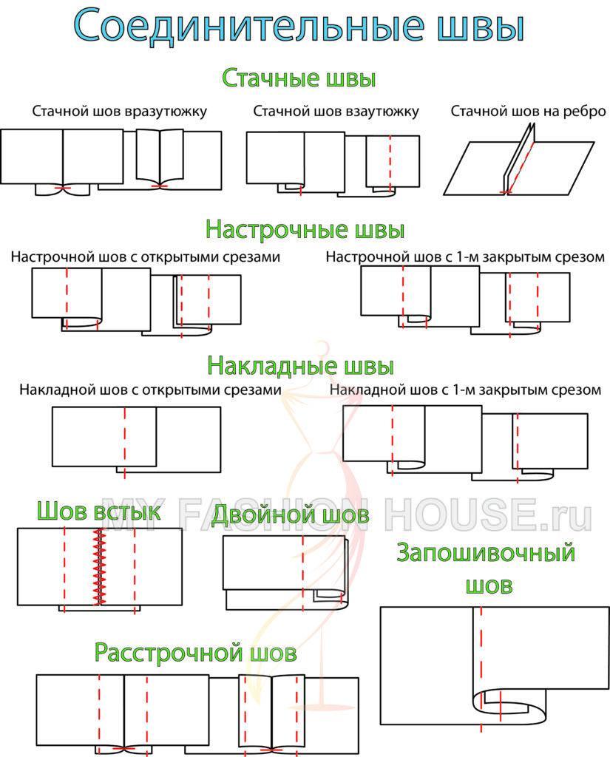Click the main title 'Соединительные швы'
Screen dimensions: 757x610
(x=299, y=26)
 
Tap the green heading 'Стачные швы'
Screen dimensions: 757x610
(x=299, y=78)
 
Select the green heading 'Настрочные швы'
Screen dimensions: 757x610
(x=305, y=228)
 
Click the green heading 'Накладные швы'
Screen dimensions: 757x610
(x=300, y=365)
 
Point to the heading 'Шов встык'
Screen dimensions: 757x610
(x=98, y=511)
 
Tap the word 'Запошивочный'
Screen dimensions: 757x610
(x=486, y=552)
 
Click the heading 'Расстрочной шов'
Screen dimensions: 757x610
(x=195, y=653)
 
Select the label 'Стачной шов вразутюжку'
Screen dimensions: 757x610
(x=119, y=111)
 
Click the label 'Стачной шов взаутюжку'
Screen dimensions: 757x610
(x=336, y=111)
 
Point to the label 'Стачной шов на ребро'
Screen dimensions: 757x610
(x=528, y=111)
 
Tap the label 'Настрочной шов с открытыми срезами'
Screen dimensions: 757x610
(x=146, y=257)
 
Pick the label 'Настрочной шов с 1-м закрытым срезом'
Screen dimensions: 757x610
(x=465, y=257)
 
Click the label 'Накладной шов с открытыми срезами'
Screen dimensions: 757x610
(x=151, y=390)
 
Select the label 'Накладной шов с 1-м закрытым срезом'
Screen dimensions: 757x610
(x=465, y=390)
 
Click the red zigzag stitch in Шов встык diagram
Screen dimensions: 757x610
(x=98, y=568)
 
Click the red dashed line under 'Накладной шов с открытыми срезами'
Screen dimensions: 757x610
(x=125, y=439)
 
